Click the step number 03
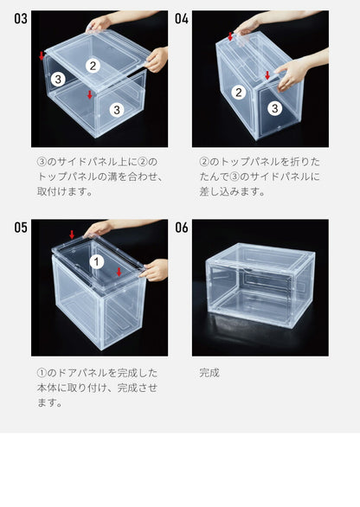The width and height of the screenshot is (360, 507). click(x=20, y=18)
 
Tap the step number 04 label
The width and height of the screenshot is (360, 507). click(x=182, y=18)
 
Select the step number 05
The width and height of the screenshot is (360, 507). click(x=20, y=228)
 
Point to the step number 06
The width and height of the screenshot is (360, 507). click(x=182, y=228)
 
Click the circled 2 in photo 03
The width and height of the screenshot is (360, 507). click(x=93, y=65)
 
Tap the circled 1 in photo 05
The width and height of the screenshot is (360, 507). click(x=97, y=260)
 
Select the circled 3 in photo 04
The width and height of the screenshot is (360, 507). click(x=273, y=108)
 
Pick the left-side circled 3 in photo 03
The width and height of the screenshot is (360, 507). click(x=57, y=79)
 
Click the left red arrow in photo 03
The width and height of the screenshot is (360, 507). click(x=42, y=55)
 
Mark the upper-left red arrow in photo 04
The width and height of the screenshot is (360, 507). click(x=230, y=36)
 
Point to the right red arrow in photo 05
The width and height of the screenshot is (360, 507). click(x=119, y=272)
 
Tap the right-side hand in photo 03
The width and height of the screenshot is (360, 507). click(x=157, y=59)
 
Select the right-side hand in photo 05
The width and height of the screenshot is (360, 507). click(x=155, y=270)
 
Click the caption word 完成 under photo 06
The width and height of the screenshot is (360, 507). click(x=209, y=373)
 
